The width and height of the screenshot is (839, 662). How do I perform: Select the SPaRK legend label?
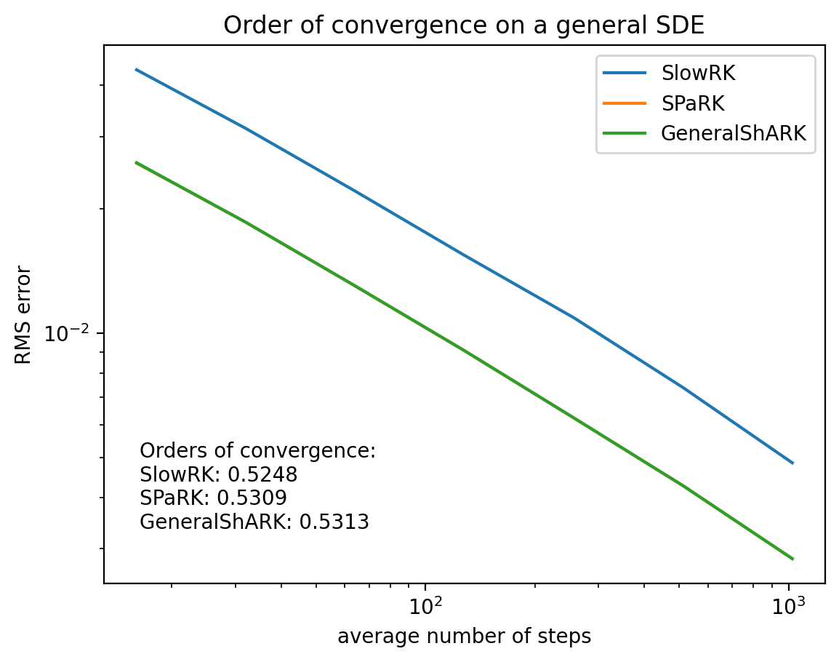point(693,103)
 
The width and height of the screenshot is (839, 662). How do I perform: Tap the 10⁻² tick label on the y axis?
point(66,334)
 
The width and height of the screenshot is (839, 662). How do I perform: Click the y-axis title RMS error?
point(24,315)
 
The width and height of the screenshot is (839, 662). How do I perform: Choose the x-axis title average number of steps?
point(464,637)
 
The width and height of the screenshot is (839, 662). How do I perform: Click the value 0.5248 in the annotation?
point(262,475)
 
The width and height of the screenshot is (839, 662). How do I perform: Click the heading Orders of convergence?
point(257,451)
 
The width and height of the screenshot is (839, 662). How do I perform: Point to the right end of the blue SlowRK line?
point(792,463)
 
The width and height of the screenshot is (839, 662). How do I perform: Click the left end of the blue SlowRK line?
point(137,70)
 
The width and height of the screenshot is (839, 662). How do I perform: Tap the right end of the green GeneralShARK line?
point(792,559)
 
